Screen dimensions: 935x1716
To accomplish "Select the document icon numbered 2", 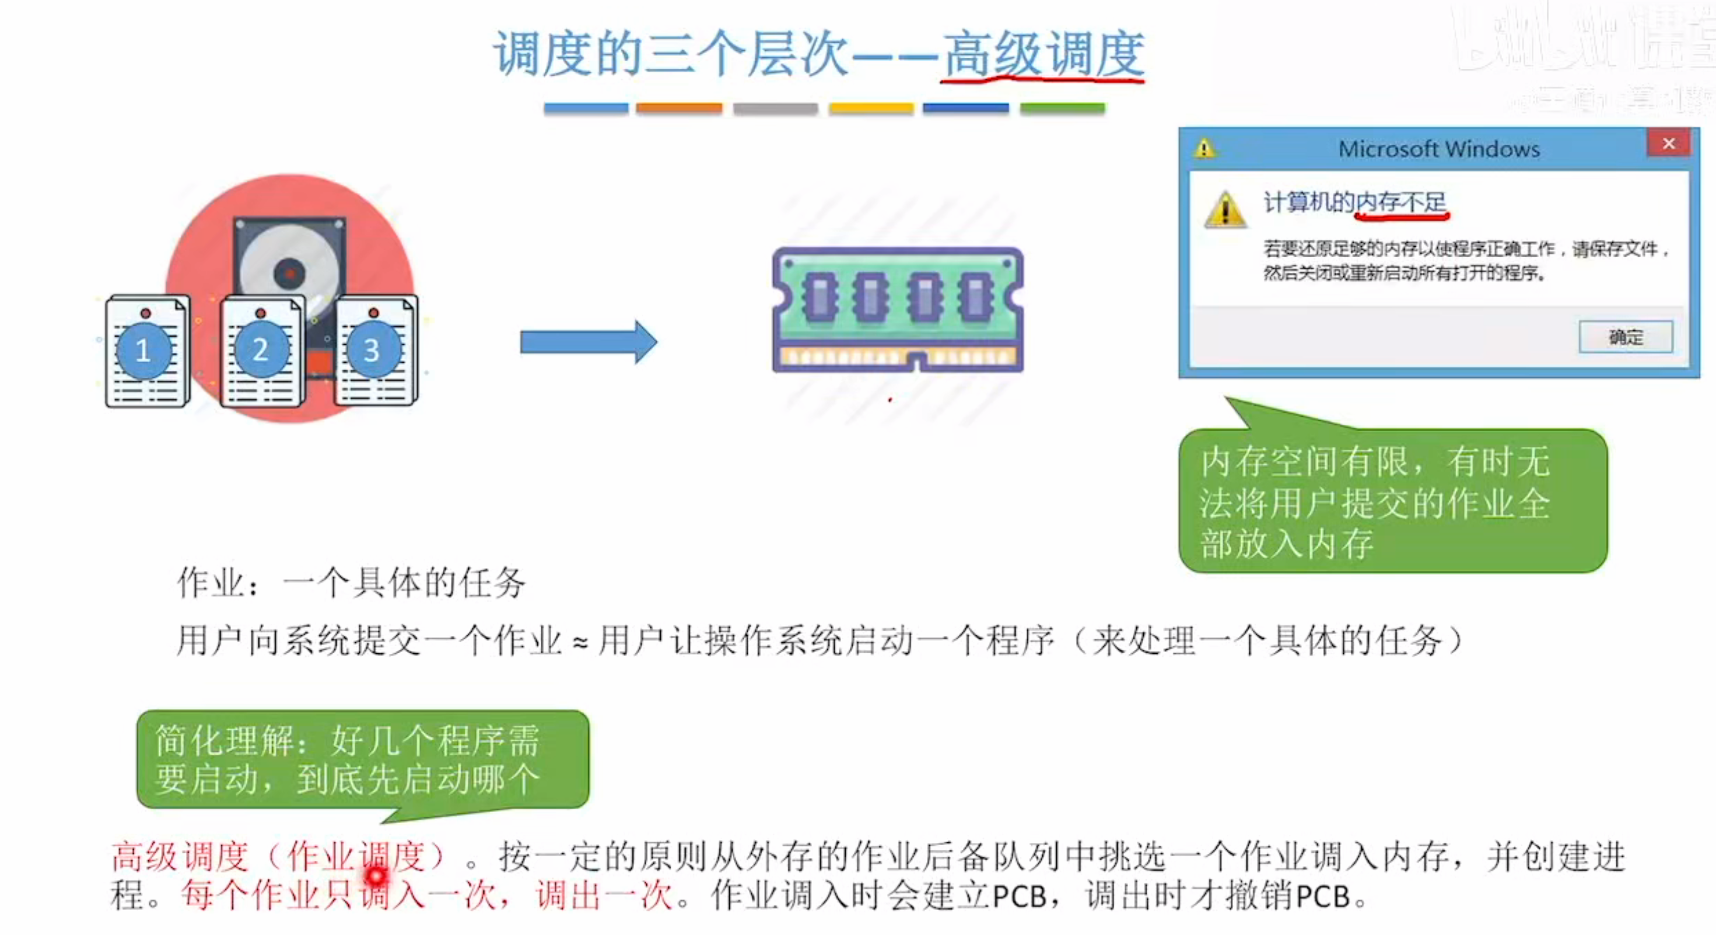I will (261, 351).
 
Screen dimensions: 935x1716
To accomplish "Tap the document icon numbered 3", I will (374, 351).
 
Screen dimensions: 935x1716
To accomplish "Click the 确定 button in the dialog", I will (1625, 337).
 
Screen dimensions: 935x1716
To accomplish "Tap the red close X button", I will (1668, 144).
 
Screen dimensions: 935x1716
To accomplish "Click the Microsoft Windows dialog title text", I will (1439, 149).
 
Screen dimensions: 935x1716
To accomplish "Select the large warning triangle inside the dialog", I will (1224, 209).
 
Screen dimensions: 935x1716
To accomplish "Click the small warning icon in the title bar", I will (1204, 148).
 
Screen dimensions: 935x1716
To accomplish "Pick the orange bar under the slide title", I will (679, 108).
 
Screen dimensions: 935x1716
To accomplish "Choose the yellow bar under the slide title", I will (871, 108).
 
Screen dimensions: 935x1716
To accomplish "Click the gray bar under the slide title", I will (775, 108).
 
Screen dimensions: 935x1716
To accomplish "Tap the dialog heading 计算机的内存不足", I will (1354, 202).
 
